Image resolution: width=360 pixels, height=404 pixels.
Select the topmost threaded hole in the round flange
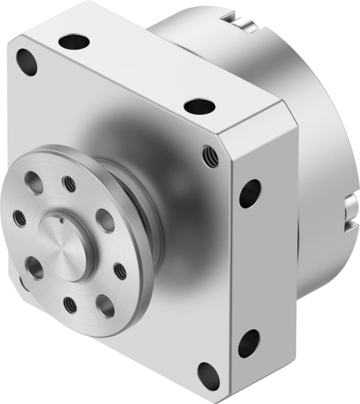pos(69,184)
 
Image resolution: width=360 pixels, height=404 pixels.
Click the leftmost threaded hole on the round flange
pos(19,218)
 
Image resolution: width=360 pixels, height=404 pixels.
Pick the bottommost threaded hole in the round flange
pos(70,305)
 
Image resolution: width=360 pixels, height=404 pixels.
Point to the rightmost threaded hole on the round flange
pos(120,271)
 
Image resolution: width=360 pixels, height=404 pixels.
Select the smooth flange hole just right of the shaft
pos(105,220)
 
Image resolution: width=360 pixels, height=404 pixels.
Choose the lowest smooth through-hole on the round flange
pos(105,306)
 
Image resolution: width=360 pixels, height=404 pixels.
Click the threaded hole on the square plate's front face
pos(210,156)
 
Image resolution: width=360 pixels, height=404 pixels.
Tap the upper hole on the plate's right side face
pos(250,193)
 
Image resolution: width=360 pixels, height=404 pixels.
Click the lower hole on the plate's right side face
pos(249,343)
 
